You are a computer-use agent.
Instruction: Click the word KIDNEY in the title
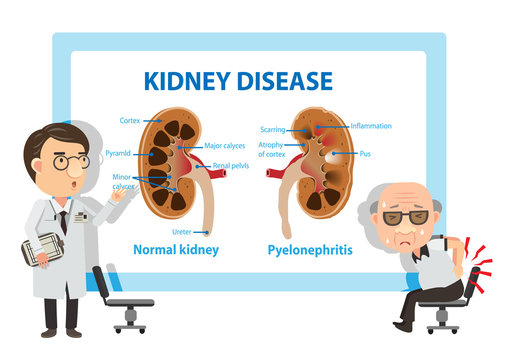(187, 80)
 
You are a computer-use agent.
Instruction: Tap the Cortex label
(129, 121)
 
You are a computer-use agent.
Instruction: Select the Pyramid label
(118, 154)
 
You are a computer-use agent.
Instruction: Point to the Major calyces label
(225, 146)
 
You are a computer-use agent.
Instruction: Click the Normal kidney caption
(175, 249)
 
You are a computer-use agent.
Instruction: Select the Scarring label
(272, 129)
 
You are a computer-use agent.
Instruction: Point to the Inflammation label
(371, 126)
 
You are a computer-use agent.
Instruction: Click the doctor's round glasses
(65, 160)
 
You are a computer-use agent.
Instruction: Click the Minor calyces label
(123, 181)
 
